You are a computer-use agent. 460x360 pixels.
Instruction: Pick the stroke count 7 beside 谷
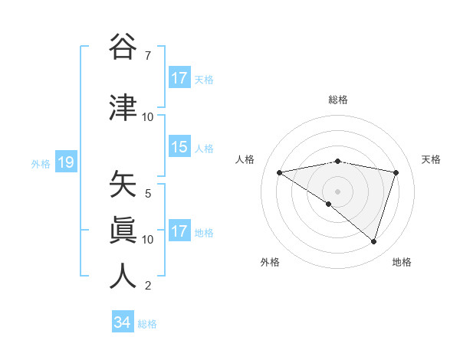click(x=147, y=56)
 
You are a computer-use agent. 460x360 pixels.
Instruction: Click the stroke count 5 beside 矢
click(x=147, y=194)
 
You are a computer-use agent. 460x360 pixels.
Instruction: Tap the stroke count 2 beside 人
click(x=147, y=286)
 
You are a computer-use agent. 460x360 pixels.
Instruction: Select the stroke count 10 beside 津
click(x=147, y=117)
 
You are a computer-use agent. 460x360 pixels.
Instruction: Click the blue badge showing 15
click(x=179, y=147)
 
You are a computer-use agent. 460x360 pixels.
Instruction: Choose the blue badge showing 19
click(x=65, y=162)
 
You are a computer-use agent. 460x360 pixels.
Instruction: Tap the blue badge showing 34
click(x=122, y=322)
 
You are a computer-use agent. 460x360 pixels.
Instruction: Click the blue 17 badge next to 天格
click(x=179, y=78)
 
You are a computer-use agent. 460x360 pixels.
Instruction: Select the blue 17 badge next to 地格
click(x=179, y=231)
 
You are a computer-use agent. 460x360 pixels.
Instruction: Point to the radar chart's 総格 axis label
click(x=338, y=100)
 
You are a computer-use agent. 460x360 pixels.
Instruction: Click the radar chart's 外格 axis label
click(x=270, y=262)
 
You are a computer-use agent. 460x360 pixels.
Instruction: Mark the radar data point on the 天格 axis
click(x=396, y=172)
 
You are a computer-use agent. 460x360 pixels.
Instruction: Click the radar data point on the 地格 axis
click(x=373, y=241)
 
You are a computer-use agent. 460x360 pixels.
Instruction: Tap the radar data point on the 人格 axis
click(x=280, y=172)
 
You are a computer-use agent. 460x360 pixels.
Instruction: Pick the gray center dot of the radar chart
click(x=338, y=191)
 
